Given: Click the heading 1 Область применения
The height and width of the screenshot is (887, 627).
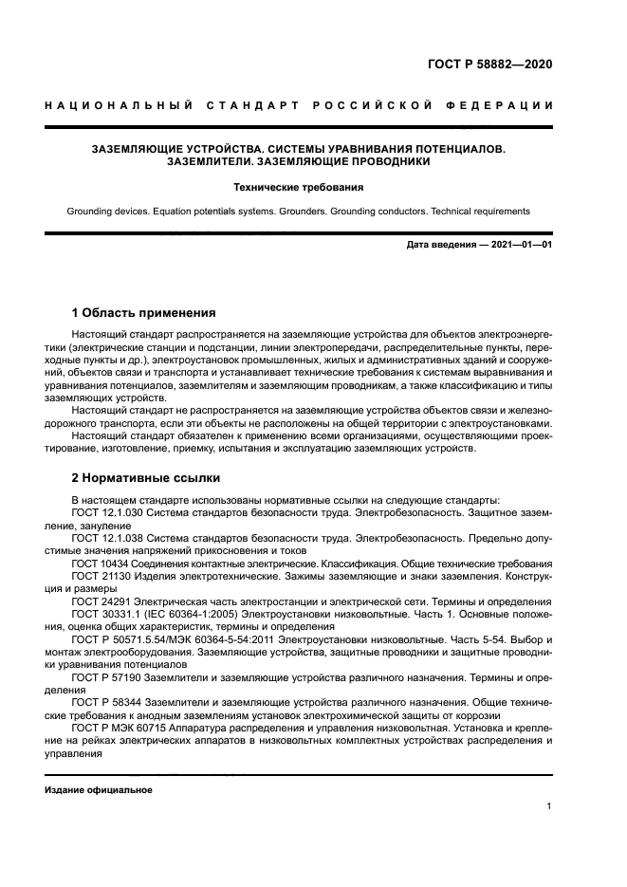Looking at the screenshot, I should pyautogui.click(x=144, y=313).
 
